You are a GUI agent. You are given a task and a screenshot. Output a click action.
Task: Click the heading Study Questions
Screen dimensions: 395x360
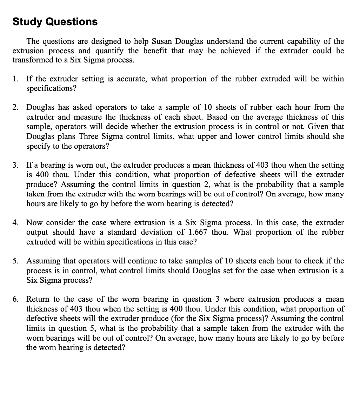tap(55, 22)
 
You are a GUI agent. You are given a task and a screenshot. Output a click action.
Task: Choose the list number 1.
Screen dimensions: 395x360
tap(15, 79)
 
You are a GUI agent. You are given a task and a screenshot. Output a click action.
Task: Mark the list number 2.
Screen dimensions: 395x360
tap(15, 107)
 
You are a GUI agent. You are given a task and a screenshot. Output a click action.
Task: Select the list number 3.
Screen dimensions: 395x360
tap(15, 165)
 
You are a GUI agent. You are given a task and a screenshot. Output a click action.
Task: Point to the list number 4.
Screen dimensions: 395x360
tap(15, 223)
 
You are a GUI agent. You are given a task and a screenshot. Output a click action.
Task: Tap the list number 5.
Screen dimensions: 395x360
tap(15, 261)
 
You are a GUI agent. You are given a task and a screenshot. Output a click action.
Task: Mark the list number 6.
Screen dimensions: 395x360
tap(15, 299)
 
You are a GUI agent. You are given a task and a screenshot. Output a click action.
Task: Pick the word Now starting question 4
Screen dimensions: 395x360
tap(34, 223)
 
